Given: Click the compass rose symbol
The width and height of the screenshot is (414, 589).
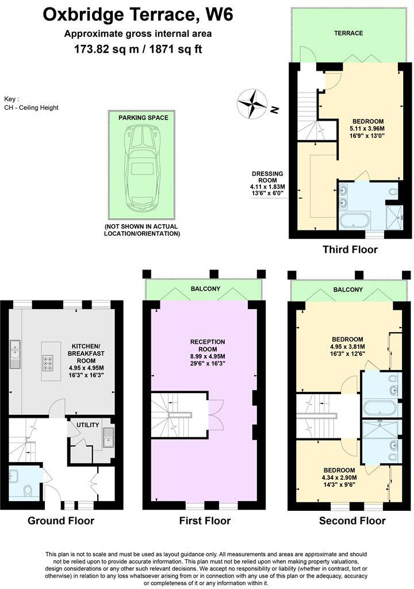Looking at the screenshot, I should tap(252, 105).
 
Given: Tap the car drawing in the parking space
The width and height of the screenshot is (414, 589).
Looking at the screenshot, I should tap(143, 167).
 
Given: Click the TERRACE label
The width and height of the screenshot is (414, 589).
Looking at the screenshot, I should tap(349, 33).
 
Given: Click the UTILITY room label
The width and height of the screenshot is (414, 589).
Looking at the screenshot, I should tap(88, 425).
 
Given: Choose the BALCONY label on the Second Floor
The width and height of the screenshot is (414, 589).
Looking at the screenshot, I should tap(348, 290).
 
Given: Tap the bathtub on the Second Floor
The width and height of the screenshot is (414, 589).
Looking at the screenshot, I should tap(379, 409).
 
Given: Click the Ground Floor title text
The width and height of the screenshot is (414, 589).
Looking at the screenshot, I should tap(61, 521).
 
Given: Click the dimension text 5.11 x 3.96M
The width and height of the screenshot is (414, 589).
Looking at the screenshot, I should tap(368, 129).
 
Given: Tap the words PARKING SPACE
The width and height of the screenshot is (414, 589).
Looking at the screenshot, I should tap(143, 118).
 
